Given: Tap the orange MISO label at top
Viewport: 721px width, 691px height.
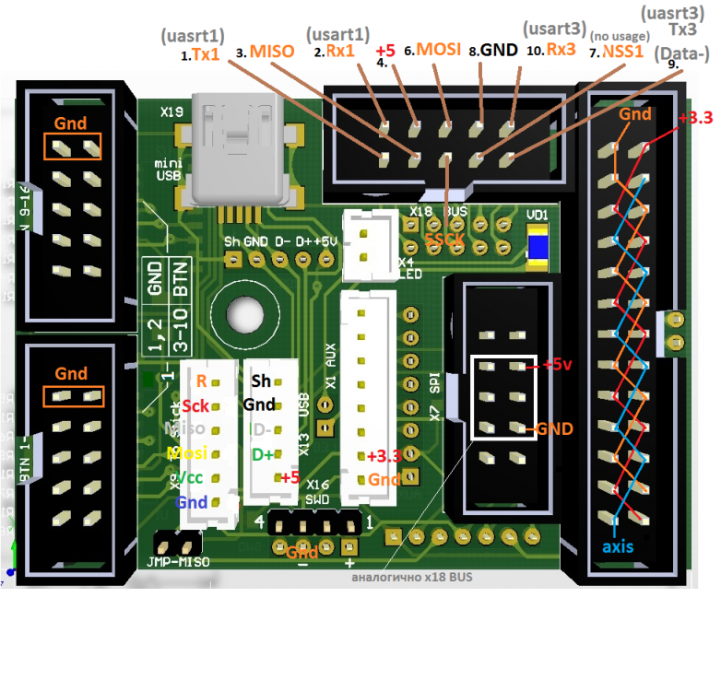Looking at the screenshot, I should (x=271, y=52).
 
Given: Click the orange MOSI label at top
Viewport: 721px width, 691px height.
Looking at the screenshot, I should (x=438, y=49).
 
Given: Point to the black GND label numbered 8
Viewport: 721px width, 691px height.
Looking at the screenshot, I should (x=498, y=51).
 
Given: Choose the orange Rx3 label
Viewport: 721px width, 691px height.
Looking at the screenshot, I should (x=561, y=50).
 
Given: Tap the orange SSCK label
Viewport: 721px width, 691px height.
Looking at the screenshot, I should (x=446, y=239).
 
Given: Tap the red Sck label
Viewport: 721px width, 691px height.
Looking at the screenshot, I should (x=195, y=405).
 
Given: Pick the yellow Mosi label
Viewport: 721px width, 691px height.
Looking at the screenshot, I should (x=191, y=453).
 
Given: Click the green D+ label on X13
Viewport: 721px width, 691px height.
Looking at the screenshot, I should (x=263, y=453).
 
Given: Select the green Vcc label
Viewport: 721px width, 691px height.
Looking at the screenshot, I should (x=192, y=478).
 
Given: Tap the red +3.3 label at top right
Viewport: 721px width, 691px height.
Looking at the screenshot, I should (x=695, y=119).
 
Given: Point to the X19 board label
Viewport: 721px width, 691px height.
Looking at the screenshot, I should (x=171, y=111).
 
